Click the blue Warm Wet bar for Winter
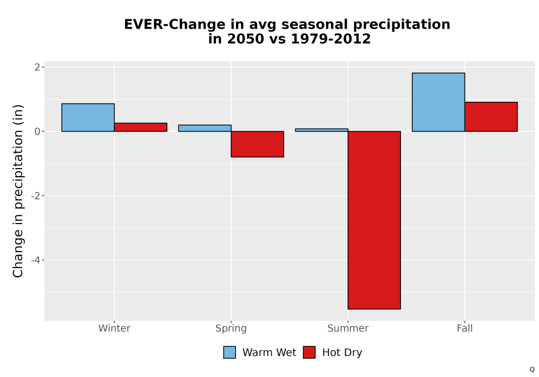pos(88,117)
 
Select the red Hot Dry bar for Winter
pos(141,127)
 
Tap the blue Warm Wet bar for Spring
pos(205,128)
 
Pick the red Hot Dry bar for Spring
pos(258,144)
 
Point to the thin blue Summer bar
pos(322,130)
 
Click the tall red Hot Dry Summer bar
pos(375,220)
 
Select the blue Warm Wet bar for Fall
pos(439,102)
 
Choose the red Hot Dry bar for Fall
pos(491,117)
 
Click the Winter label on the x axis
pos(114,328)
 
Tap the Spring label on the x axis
pos(231,329)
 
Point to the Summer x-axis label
pos(348,328)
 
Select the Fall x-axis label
pos(465,328)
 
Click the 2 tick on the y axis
pos(38,67)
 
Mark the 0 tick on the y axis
pos(38,131)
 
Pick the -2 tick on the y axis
pos(36,196)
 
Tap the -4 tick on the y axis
pos(36,260)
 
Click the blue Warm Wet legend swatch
pos(230,352)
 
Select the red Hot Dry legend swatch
pos(309,352)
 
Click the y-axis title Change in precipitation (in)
pos(18,191)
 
